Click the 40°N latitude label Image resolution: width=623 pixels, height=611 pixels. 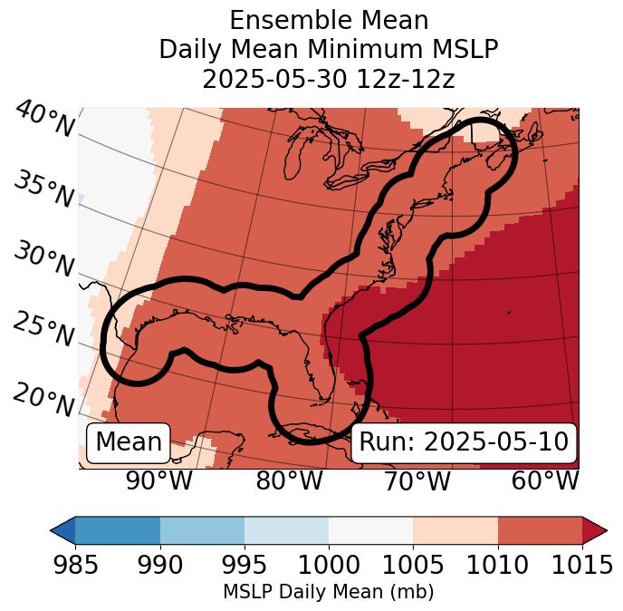[43, 121]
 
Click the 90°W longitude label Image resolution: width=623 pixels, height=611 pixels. [158, 480]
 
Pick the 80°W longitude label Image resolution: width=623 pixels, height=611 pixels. [289, 480]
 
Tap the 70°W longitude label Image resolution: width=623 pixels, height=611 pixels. [417, 480]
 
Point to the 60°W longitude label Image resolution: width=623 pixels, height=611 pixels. [545, 480]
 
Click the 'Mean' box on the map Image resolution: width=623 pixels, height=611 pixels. [129, 442]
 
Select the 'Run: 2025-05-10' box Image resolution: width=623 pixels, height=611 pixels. [464, 442]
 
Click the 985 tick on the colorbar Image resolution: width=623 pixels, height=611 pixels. [75, 566]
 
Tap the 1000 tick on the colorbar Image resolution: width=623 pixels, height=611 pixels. [329, 566]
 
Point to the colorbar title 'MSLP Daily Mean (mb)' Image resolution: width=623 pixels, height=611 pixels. [328, 593]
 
